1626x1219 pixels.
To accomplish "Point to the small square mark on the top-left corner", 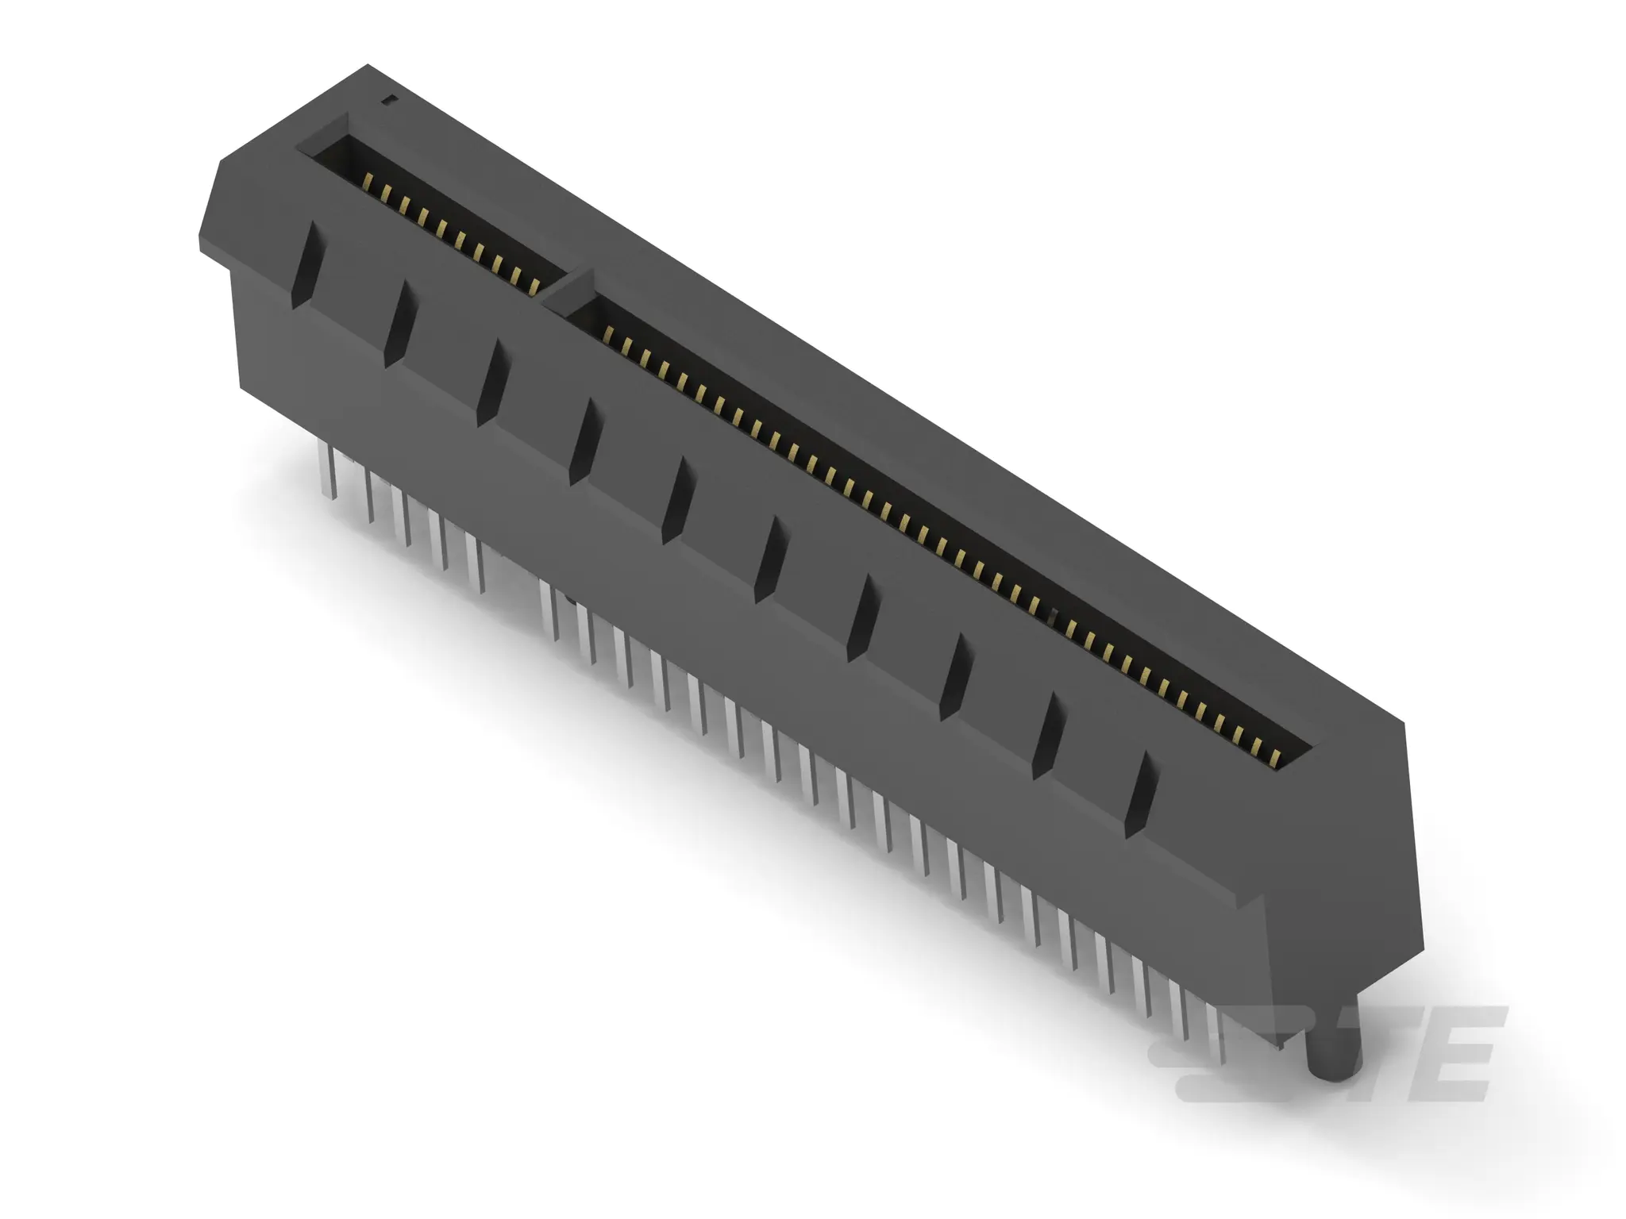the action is (x=387, y=99).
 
